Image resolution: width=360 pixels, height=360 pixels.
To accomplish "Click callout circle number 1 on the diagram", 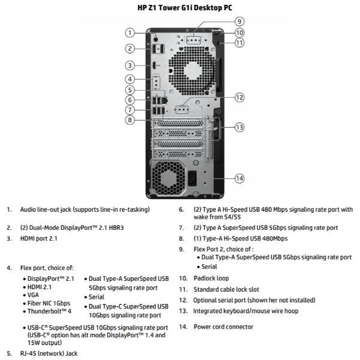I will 130,32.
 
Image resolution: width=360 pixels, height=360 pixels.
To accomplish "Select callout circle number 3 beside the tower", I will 130,65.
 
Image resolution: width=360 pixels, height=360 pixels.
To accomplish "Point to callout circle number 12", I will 239,97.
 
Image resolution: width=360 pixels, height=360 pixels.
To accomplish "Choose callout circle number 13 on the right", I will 239,127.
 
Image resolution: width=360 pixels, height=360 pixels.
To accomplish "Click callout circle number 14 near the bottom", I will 239,178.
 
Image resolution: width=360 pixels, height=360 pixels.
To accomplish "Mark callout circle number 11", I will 239,43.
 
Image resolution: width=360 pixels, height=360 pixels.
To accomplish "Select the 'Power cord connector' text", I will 223,327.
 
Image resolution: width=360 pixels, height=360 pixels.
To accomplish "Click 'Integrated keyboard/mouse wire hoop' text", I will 245,311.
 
